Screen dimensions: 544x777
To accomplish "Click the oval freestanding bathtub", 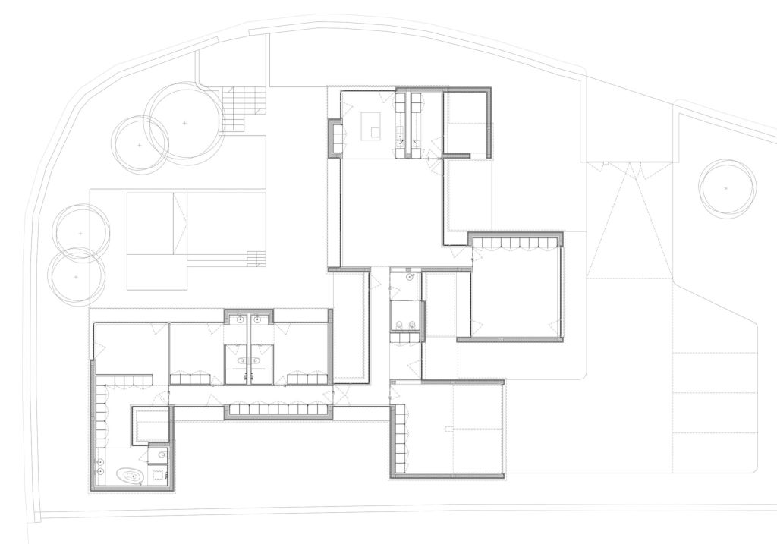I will click(129, 476).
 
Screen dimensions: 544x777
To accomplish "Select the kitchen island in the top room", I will click(372, 125).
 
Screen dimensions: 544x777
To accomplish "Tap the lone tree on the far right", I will click(727, 187).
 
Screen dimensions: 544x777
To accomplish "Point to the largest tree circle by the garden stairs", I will click(184, 122).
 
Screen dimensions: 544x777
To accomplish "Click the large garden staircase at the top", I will click(245, 110).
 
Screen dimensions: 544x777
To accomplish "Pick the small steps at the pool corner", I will click(256, 257).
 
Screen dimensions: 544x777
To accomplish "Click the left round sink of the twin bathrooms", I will click(240, 319).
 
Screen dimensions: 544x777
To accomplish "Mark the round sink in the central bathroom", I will click(411, 278).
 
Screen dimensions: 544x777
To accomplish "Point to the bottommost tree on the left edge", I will click(75, 278).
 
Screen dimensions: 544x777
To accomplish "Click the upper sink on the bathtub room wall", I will click(99, 461).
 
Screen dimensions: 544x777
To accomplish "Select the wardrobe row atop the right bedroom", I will click(516, 243).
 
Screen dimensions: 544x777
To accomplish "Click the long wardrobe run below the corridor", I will click(278, 410).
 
